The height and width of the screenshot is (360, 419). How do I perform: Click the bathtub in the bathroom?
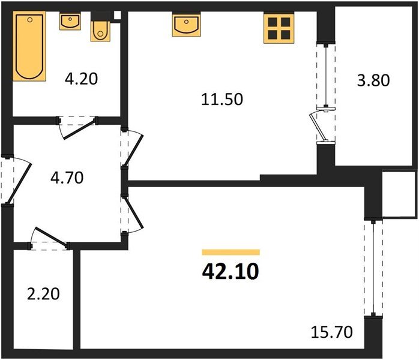tap(29, 47)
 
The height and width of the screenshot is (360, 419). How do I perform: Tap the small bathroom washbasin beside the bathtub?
tap(70, 22)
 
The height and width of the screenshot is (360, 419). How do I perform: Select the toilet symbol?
tap(100, 29)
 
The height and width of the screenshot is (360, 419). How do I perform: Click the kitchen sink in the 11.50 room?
tap(186, 25)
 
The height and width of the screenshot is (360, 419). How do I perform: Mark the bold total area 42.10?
tap(231, 272)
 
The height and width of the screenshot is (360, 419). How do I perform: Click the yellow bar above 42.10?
tap(231, 253)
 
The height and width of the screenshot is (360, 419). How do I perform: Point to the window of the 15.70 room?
tap(375, 268)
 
